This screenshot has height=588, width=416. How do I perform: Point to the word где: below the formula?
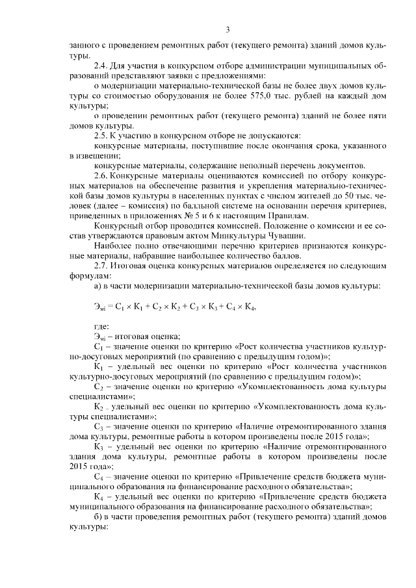[101, 326]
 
